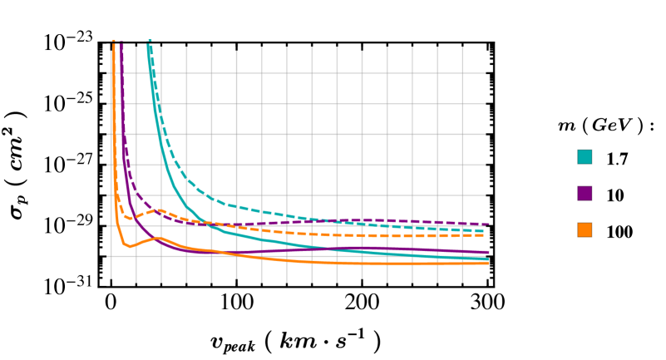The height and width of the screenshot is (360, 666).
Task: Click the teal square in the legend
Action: click(x=585, y=157)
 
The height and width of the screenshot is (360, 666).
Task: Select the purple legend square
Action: click(x=585, y=193)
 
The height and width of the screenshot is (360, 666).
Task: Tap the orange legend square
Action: click(x=585, y=229)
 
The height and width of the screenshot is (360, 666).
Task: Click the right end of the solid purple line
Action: click(x=489, y=252)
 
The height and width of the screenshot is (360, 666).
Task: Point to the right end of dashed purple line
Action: click(x=489, y=224)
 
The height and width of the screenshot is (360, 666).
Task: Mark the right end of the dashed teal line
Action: click(x=485, y=231)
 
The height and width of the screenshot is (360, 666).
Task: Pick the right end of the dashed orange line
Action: click(x=485, y=235)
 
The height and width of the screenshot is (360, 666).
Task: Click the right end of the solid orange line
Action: click(x=489, y=264)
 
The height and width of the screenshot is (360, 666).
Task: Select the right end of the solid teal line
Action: click(x=486, y=259)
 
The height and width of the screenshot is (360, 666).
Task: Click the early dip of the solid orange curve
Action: click(x=130, y=247)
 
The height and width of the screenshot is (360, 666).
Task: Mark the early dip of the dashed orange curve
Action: click(x=131, y=219)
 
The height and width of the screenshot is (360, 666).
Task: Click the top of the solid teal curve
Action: click(x=148, y=42)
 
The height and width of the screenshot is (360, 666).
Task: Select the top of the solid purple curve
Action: click(x=121, y=43)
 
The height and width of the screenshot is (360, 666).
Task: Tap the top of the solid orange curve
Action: click(x=113, y=43)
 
